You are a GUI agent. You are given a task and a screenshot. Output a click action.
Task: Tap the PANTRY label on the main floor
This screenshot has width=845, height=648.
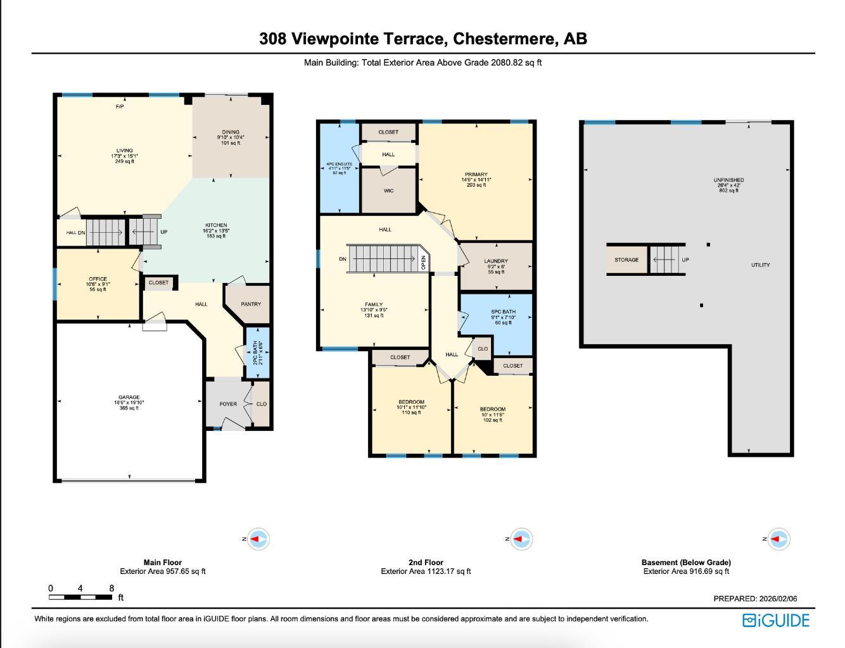(x=251, y=304)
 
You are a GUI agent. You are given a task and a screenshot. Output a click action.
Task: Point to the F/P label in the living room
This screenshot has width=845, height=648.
(x=120, y=107)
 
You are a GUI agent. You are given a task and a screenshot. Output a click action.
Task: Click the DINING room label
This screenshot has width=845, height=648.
(x=231, y=133)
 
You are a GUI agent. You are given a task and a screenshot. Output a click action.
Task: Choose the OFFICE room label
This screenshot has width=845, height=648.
(x=98, y=279)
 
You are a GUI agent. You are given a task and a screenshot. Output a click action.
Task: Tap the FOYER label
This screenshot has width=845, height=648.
(x=228, y=404)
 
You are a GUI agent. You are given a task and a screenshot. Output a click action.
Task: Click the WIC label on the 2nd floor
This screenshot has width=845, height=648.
(x=388, y=190)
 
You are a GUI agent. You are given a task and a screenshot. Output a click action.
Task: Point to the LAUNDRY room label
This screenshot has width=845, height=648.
(x=496, y=261)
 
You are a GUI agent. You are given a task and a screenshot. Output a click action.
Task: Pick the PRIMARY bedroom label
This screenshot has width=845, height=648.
(x=476, y=175)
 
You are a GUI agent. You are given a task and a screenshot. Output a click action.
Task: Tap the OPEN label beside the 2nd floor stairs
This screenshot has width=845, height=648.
(x=424, y=262)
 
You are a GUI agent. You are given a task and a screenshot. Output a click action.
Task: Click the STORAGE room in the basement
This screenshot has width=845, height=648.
(x=626, y=260)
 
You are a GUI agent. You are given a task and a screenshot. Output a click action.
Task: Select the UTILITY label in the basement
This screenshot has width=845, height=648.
(x=760, y=265)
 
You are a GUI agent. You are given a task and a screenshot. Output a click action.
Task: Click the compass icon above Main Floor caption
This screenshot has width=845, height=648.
(x=258, y=540)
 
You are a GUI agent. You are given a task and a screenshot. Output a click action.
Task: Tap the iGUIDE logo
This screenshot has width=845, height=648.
(x=776, y=620)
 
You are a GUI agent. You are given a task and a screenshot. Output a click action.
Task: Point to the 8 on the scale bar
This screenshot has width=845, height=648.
(x=111, y=589)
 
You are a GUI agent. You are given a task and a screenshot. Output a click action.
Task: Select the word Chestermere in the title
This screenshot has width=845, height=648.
(x=505, y=39)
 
